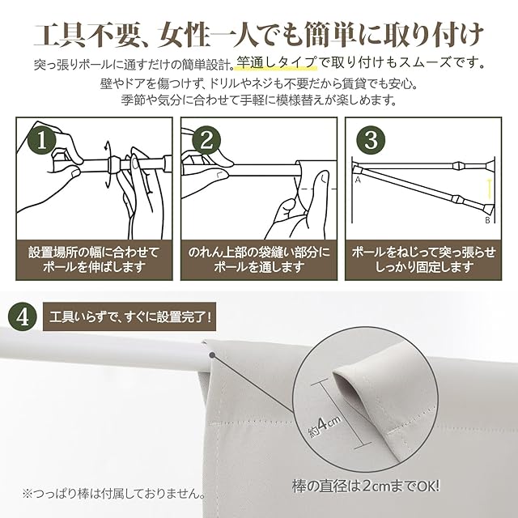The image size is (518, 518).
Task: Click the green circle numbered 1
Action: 42,141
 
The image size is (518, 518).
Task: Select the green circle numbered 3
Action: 371,140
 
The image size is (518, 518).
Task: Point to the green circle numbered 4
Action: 23,317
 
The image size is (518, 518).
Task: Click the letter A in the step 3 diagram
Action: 358,180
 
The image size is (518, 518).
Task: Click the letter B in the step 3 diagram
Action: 487,220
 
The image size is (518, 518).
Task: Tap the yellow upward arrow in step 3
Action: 490,189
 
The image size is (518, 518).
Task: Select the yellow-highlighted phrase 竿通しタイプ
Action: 276,63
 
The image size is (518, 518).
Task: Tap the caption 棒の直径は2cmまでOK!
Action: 366,486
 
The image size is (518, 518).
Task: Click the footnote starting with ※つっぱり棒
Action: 113,495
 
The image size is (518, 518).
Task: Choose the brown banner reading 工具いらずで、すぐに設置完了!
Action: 129,316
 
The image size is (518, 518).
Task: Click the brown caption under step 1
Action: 94,260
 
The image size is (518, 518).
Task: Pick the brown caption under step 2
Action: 259,260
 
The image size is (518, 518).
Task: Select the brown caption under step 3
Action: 423,260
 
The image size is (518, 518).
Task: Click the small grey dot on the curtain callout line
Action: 212,355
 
